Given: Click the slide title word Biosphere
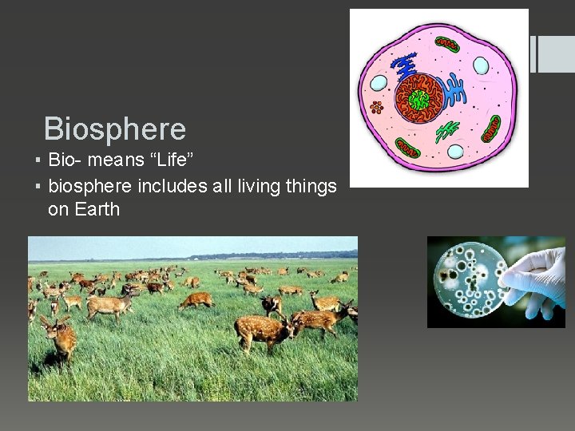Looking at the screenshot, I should point(114,129).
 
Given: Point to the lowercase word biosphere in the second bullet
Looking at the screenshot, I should point(90,187).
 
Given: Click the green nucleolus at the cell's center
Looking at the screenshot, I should point(418,100).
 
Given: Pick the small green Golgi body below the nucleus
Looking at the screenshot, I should point(448,130).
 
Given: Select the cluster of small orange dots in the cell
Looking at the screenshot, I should point(376,107).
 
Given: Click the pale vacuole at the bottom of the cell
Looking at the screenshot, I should point(455,152).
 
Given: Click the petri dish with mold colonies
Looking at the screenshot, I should point(467,281).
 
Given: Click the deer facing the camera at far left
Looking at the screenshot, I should point(59,335).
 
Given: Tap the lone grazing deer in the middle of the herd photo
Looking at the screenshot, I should point(196,300).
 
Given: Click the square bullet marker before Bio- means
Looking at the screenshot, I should point(38,161).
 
